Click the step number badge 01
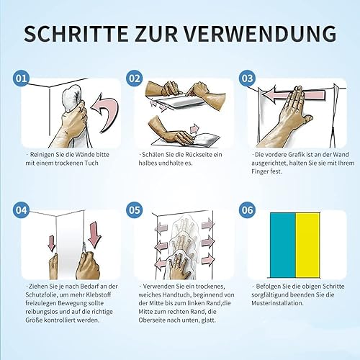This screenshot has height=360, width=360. tap(21, 78)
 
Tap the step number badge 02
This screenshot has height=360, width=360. tap(135, 78)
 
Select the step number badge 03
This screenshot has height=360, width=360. tap(248, 78)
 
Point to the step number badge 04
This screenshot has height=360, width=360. tap(21, 210)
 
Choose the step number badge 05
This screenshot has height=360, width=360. tap(135, 210)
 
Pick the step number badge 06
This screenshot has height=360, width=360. tap(248, 210)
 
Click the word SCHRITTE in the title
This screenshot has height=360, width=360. tap(76, 34)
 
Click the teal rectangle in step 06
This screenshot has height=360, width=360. tap(283, 245)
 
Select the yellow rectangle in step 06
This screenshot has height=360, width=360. tap(308, 245)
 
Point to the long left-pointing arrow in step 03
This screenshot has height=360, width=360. tap(293, 94)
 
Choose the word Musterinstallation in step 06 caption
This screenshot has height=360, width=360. tap(277, 303)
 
